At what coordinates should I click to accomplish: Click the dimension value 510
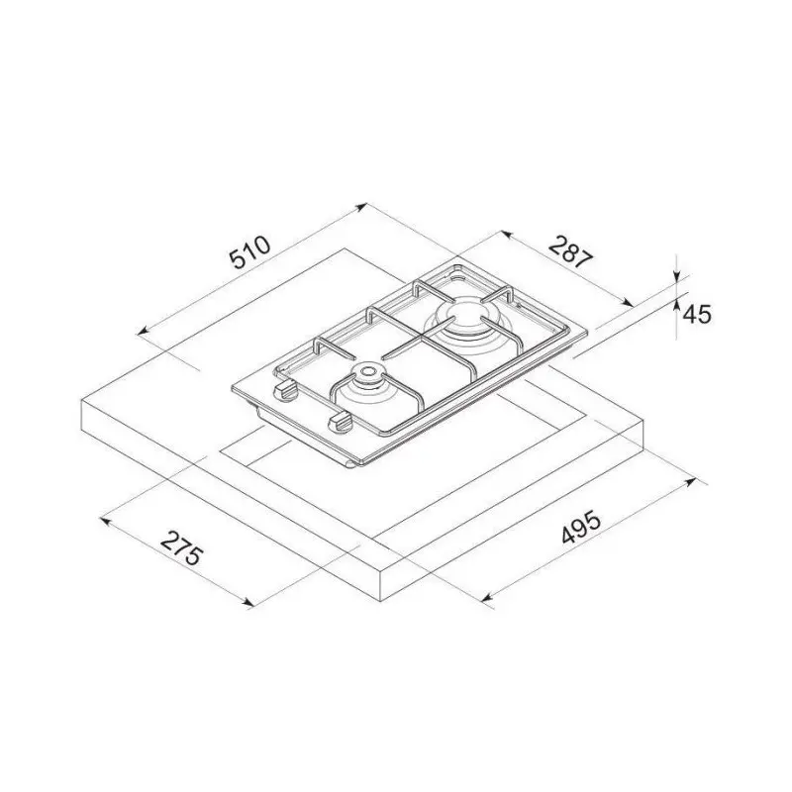click(x=249, y=253)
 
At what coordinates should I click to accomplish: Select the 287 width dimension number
click(x=571, y=253)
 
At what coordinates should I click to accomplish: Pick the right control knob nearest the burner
click(x=339, y=422)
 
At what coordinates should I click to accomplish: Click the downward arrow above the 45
click(x=676, y=274)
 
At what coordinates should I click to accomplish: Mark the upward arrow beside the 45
click(x=676, y=307)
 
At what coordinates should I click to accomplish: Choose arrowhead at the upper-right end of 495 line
click(x=692, y=482)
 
